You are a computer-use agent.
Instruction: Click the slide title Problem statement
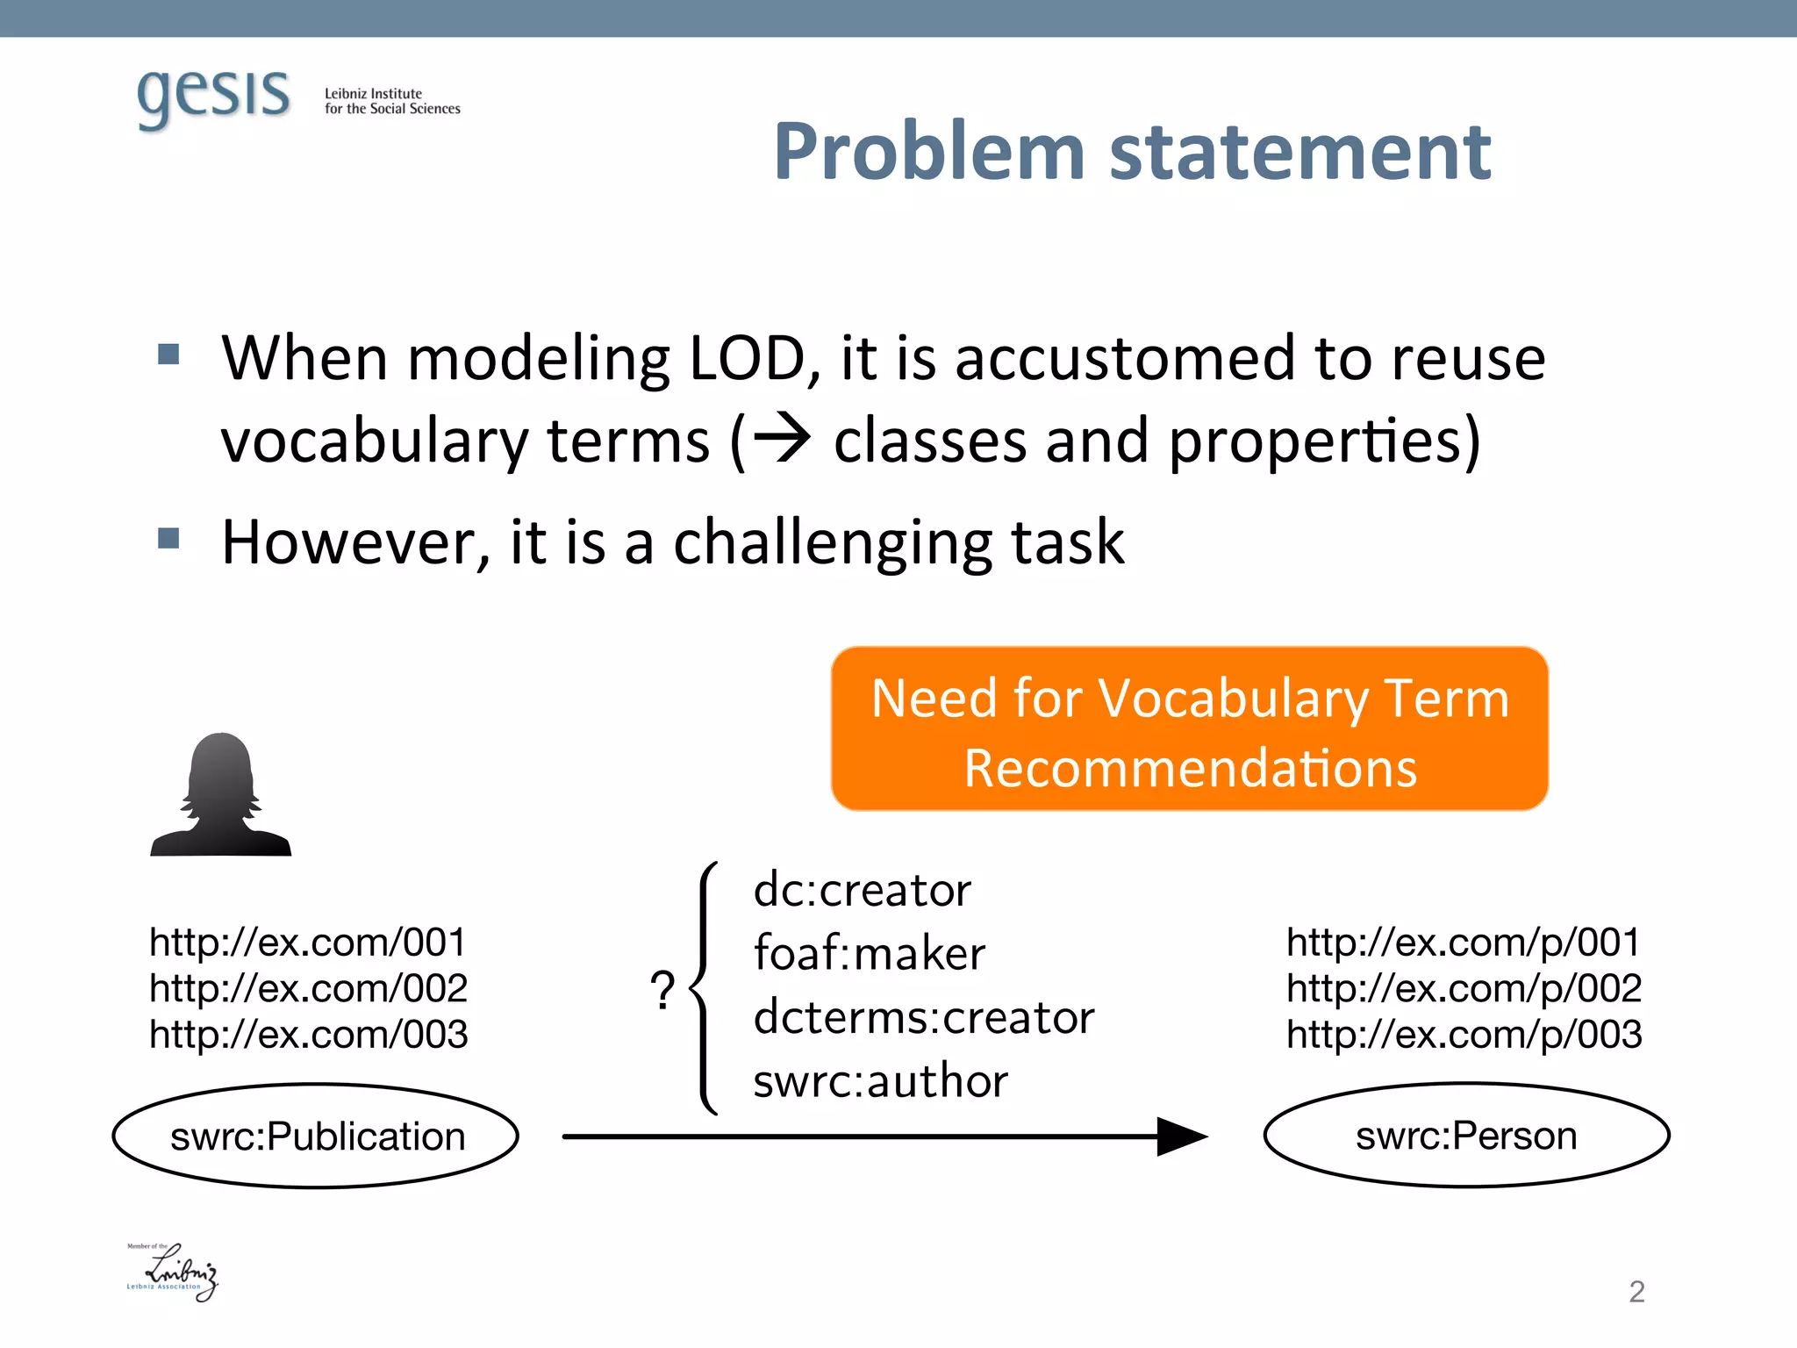[1132, 152]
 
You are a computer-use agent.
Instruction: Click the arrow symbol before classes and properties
[782, 439]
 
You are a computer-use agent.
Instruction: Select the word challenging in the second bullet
[832, 542]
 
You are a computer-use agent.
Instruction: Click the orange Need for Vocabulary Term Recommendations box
[1189, 729]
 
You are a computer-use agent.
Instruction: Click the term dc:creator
[863, 890]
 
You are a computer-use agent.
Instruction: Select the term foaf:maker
[870, 954]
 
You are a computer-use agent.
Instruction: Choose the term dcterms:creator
[924, 1018]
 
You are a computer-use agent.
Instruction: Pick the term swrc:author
[880, 1081]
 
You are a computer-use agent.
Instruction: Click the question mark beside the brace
[663, 991]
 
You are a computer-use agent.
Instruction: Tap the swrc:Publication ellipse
[316, 1136]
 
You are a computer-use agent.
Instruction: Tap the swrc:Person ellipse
[1466, 1136]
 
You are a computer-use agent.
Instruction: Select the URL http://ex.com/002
[308, 989]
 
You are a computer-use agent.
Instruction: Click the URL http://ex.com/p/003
[1464, 1035]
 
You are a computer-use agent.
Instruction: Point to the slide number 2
[1636, 1292]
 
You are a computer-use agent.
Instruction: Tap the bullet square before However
[168, 538]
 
